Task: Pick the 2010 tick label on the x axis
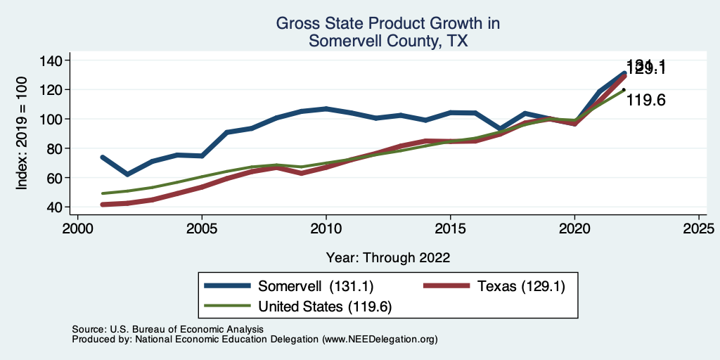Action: click(x=326, y=229)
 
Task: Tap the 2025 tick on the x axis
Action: click(x=698, y=229)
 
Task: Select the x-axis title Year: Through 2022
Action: click(x=388, y=257)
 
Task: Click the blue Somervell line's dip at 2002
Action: click(x=128, y=174)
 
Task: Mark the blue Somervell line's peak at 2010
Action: click(x=326, y=109)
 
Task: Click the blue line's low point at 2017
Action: click(x=500, y=129)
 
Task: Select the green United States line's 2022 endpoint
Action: click(x=624, y=89)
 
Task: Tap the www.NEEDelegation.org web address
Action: click(x=380, y=339)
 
